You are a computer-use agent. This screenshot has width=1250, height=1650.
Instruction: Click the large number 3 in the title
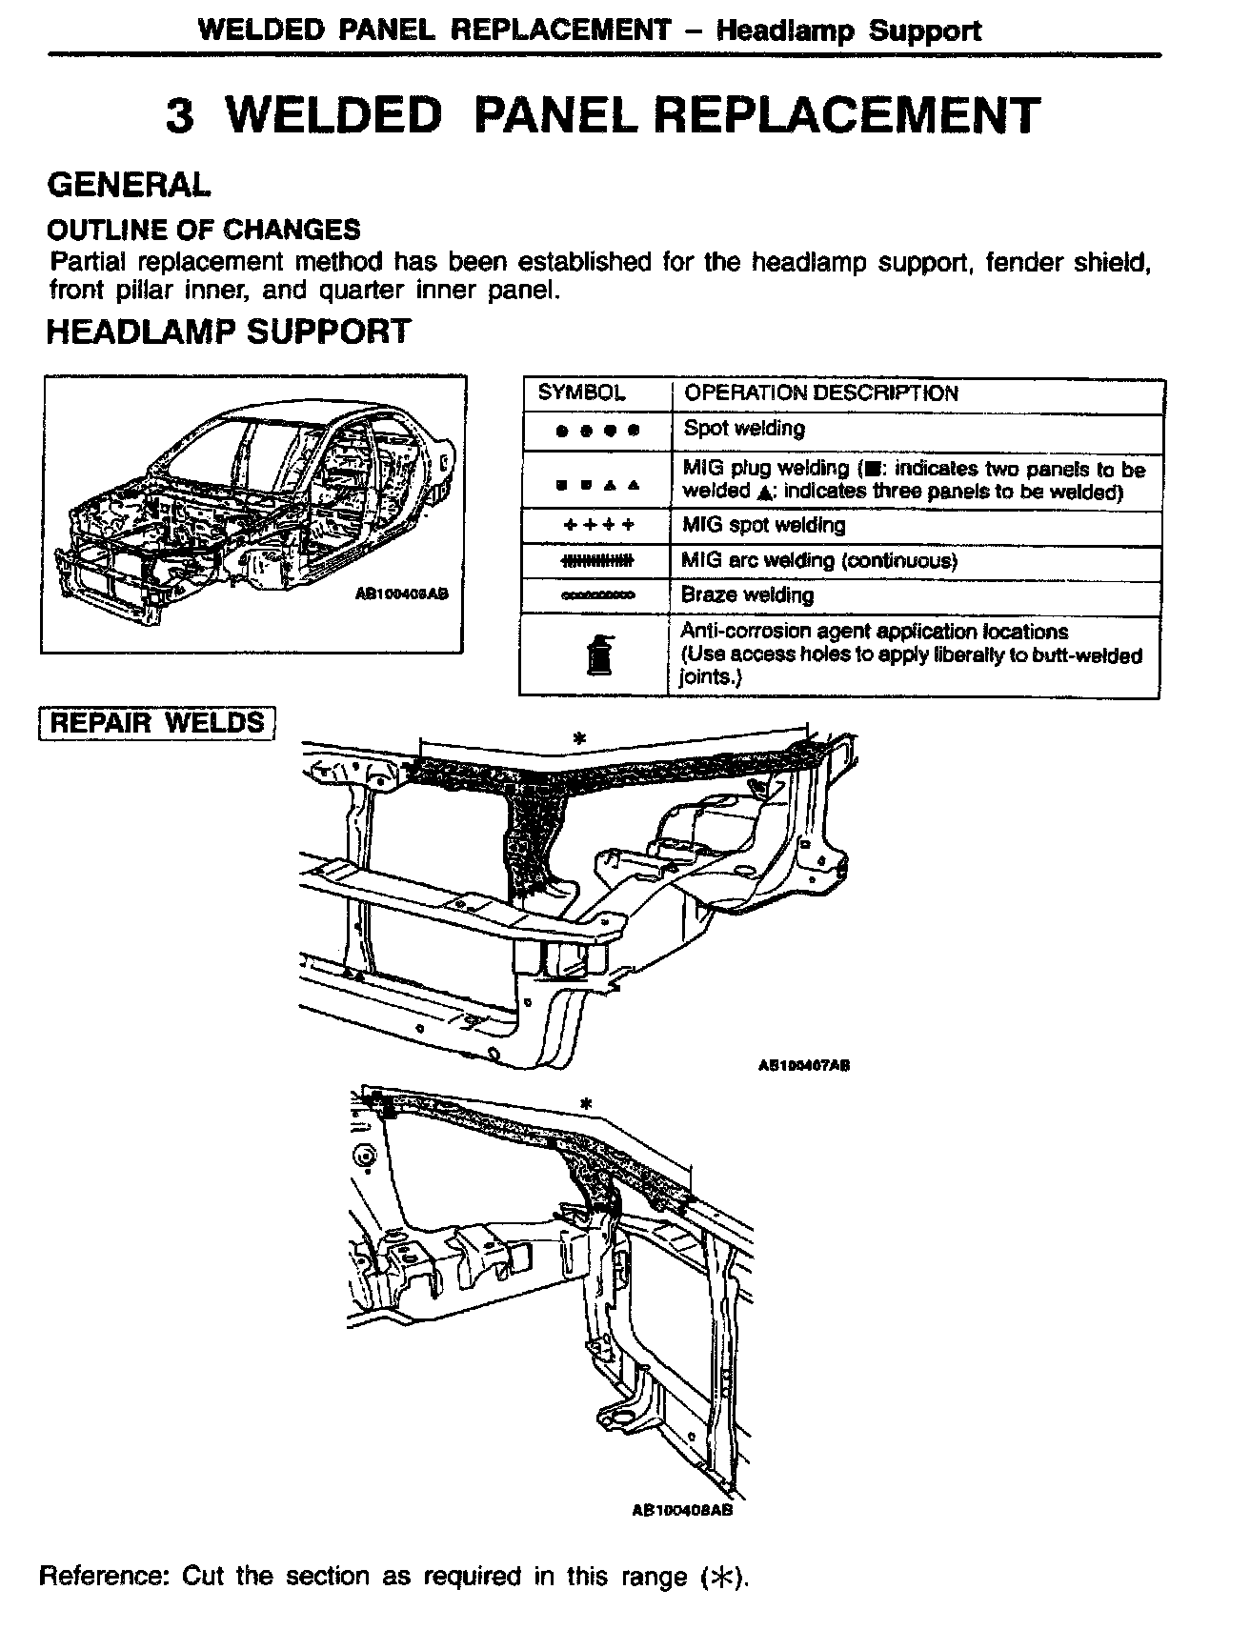click(181, 117)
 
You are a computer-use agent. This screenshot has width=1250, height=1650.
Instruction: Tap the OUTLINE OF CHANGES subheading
click(204, 230)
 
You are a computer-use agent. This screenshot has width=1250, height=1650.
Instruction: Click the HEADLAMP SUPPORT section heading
click(229, 332)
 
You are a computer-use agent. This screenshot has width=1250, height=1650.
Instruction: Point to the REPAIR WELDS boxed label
click(157, 722)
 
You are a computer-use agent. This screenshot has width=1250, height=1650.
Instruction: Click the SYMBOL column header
click(581, 393)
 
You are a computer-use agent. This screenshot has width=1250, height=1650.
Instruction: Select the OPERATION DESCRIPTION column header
click(821, 393)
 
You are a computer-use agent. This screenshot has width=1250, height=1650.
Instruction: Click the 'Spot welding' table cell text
click(744, 429)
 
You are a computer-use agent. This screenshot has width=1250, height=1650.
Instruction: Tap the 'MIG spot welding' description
click(763, 525)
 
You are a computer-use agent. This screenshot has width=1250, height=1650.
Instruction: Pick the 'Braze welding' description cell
click(747, 595)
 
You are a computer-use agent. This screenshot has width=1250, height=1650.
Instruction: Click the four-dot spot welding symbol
click(597, 431)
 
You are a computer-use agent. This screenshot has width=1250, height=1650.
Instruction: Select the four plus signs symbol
click(597, 526)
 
